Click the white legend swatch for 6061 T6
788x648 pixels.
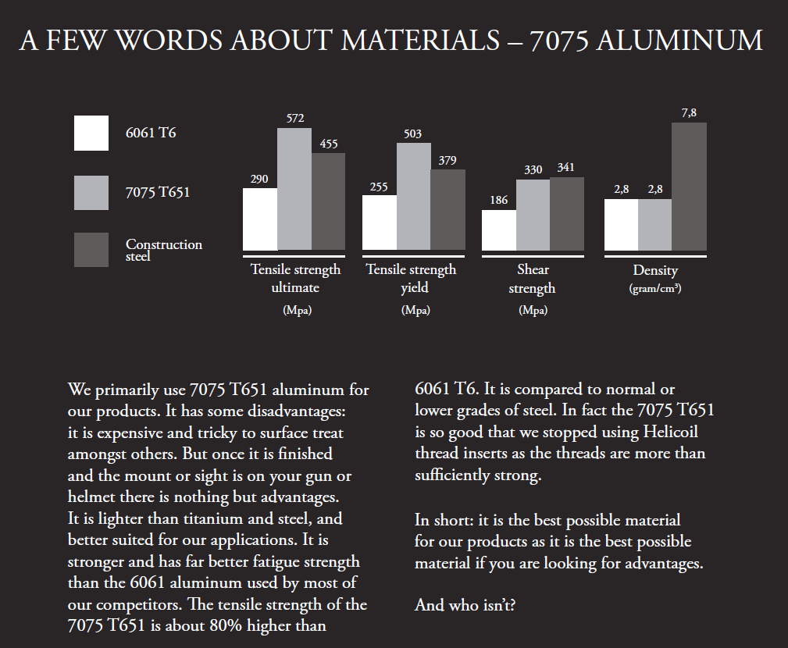(x=91, y=133)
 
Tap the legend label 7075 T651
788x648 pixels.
(x=158, y=192)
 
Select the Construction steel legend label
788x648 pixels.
(x=164, y=250)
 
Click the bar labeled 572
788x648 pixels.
(x=294, y=189)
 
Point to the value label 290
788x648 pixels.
(x=259, y=180)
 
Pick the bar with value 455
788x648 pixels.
(x=329, y=201)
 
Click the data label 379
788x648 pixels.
(x=447, y=161)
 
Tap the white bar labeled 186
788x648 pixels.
(x=498, y=230)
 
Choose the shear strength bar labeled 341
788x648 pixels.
(x=567, y=214)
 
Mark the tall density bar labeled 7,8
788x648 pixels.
(x=689, y=187)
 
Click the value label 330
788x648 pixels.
(x=533, y=169)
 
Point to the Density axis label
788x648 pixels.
(x=655, y=271)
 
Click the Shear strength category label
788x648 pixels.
(x=533, y=279)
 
